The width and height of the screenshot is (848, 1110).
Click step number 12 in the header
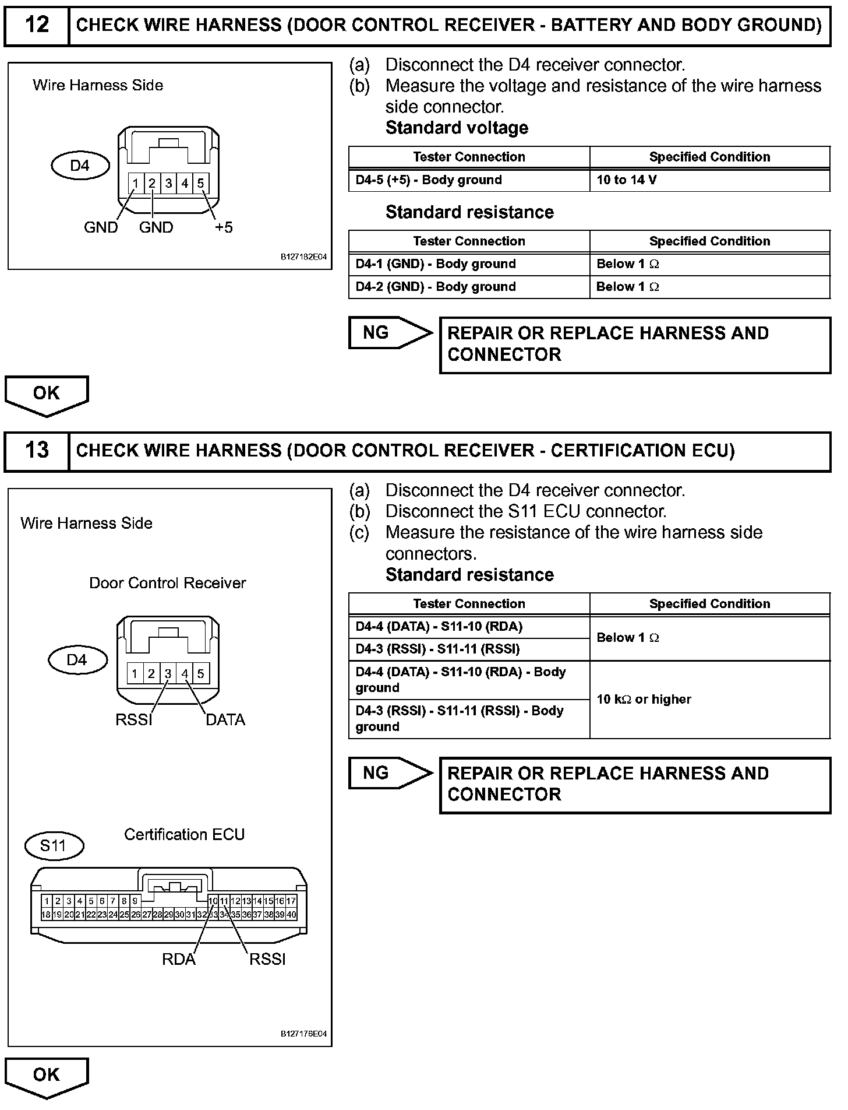[x=37, y=25]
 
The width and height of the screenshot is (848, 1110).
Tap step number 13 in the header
[x=37, y=451]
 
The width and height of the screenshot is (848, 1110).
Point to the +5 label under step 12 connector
[x=223, y=227]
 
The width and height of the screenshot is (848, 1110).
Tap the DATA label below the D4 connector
[x=225, y=720]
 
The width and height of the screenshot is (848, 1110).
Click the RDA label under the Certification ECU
[x=179, y=959]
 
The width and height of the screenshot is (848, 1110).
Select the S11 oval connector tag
[x=54, y=846]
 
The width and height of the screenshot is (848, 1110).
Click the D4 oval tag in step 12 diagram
[x=80, y=166]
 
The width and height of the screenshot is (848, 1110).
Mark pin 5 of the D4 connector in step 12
[x=200, y=184]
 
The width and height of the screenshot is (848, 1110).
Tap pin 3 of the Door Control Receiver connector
[x=168, y=674]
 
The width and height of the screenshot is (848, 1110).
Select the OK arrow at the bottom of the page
[x=47, y=1076]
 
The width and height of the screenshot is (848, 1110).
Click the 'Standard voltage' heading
[x=457, y=128]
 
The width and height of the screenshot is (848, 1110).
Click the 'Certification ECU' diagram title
[x=184, y=835]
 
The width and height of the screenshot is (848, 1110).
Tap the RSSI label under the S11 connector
[x=267, y=959]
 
